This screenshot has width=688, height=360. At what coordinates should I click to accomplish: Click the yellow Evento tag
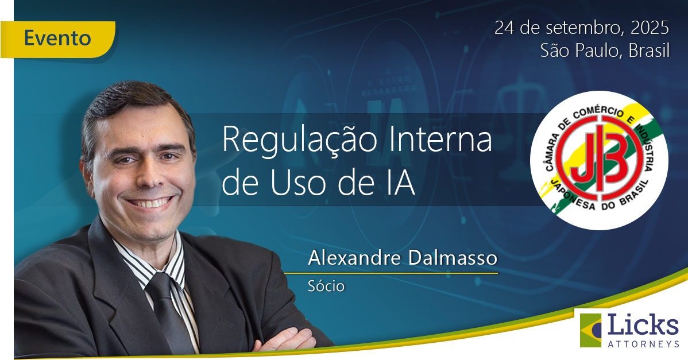tap(58, 38)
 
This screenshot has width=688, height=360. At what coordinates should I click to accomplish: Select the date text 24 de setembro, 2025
tap(582, 27)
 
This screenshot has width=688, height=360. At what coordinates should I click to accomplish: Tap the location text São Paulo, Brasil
tap(605, 51)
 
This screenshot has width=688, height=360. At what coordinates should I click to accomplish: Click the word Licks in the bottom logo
tap(643, 326)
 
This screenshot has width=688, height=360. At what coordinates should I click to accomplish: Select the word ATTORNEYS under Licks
tap(643, 344)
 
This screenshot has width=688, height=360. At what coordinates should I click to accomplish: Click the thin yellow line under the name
tap(402, 273)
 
